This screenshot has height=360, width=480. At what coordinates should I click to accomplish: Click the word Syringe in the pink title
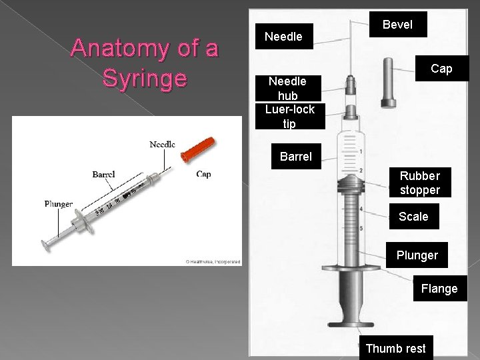(144, 78)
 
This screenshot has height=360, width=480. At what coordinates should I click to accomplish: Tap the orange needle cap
(199, 149)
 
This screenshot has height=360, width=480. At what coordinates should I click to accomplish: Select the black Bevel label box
(397, 25)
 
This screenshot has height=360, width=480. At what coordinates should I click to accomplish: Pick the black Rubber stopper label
(419, 183)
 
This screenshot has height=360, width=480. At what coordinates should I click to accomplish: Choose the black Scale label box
(413, 216)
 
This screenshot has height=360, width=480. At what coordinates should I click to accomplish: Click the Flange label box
(439, 289)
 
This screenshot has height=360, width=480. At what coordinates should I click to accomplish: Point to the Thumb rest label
(395, 348)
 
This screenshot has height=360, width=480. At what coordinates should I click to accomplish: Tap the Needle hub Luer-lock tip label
(289, 102)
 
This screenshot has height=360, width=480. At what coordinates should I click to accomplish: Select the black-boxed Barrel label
(295, 157)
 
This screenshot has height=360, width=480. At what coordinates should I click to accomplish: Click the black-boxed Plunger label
(417, 255)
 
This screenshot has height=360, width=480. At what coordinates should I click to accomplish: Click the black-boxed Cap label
(441, 69)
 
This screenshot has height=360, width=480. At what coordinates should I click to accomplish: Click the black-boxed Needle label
(283, 37)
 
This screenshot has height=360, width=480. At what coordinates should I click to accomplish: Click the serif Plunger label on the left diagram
(59, 203)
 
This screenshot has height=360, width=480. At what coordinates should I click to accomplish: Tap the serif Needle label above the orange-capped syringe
(162, 144)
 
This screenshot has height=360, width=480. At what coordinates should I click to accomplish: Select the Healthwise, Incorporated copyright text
(213, 261)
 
